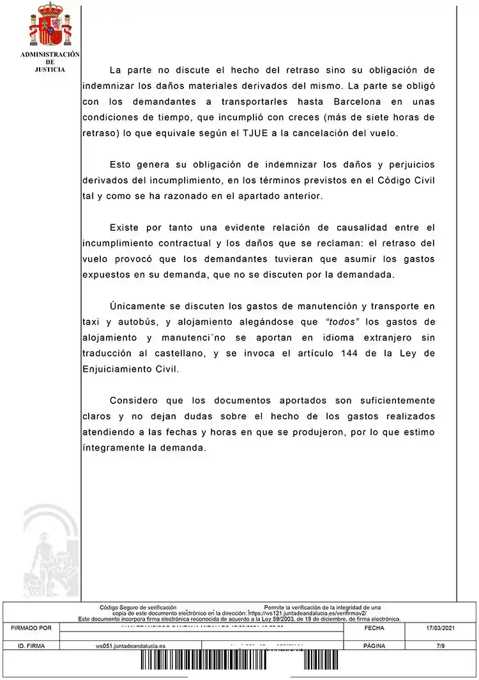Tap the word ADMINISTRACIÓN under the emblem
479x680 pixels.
(50, 55)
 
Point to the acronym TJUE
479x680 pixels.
(261, 133)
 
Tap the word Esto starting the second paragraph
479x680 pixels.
(121, 165)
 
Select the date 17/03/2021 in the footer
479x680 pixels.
(440, 628)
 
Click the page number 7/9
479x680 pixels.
(440, 646)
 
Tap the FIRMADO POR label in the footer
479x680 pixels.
(31, 628)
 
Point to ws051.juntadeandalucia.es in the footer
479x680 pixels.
(130, 646)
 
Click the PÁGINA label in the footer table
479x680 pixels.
(374, 646)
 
